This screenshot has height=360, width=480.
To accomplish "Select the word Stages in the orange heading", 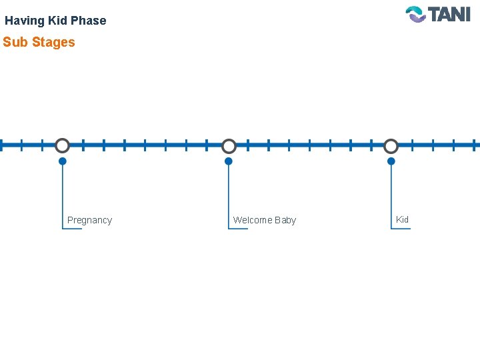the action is pyautogui.click(x=53, y=42).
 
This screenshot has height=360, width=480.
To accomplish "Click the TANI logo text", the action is pyautogui.click(x=449, y=14).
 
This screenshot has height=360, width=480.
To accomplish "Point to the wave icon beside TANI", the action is pyautogui.click(x=416, y=14).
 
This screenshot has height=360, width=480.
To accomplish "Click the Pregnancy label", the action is pyautogui.click(x=89, y=220).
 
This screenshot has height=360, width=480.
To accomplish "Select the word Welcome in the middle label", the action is pyautogui.click(x=252, y=220).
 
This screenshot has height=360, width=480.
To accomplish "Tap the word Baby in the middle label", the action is pyautogui.click(x=285, y=220).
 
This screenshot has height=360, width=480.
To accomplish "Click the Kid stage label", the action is pyautogui.click(x=402, y=219).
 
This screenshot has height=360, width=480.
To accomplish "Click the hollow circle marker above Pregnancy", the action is pyautogui.click(x=62, y=145).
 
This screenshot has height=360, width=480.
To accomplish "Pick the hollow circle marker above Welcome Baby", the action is pyautogui.click(x=229, y=145).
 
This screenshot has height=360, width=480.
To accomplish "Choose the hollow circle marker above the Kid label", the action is pyautogui.click(x=391, y=145).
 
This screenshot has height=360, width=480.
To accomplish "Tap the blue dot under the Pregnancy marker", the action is pyautogui.click(x=62, y=161).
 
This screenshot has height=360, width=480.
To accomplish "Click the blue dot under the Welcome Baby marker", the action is pyautogui.click(x=229, y=161).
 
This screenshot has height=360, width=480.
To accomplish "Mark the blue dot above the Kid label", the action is pyautogui.click(x=391, y=161).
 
